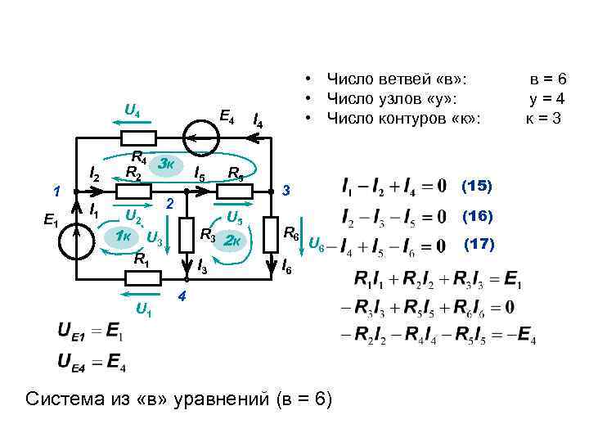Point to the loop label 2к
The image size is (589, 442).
(x=233, y=240)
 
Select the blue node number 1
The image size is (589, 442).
(x=56, y=193)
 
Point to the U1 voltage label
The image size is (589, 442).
(x=143, y=309)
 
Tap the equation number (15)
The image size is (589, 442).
(x=477, y=185)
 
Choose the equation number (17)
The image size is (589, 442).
(x=480, y=244)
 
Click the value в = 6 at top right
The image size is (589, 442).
(x=547, y=79)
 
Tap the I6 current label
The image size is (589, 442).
(x=286, y=267)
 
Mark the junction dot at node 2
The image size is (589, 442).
(x=186, y=193)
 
